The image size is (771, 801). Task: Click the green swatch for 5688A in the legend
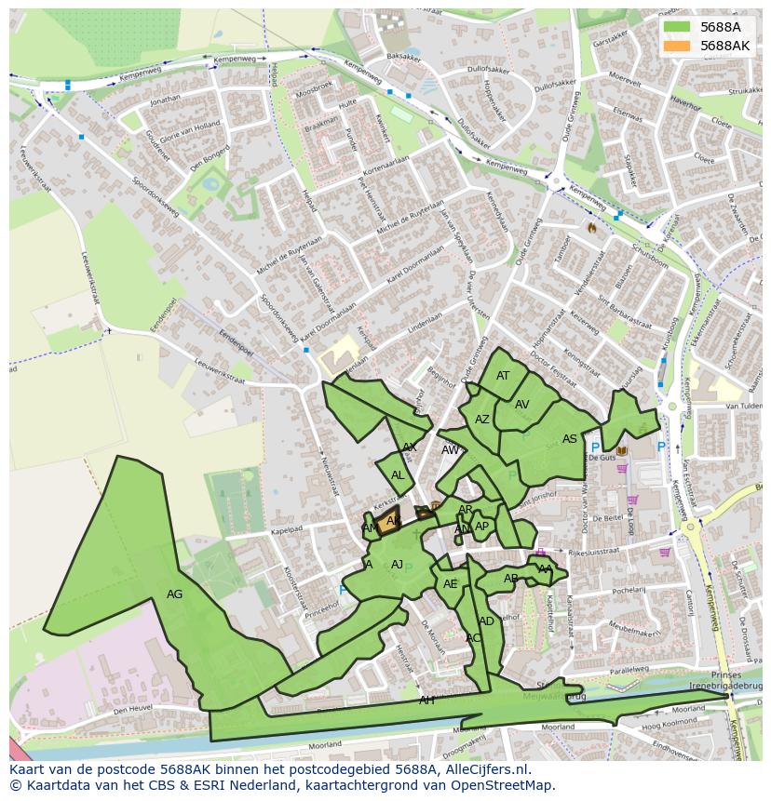(677, 27)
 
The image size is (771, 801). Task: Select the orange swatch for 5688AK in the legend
(677, 46)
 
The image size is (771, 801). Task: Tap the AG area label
(174, 594)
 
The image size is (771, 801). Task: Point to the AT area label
(503, 376)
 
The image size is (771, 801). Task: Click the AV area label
(521, 404)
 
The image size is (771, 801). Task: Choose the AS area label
(569, 439)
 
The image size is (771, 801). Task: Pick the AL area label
(398, 474)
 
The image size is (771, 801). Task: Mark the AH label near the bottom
(426, 700)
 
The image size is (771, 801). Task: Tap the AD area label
(486, 621)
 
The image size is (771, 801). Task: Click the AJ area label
(397, 564)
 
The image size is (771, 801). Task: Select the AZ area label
(481, 420)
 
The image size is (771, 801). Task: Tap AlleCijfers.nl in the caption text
(484, 769)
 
